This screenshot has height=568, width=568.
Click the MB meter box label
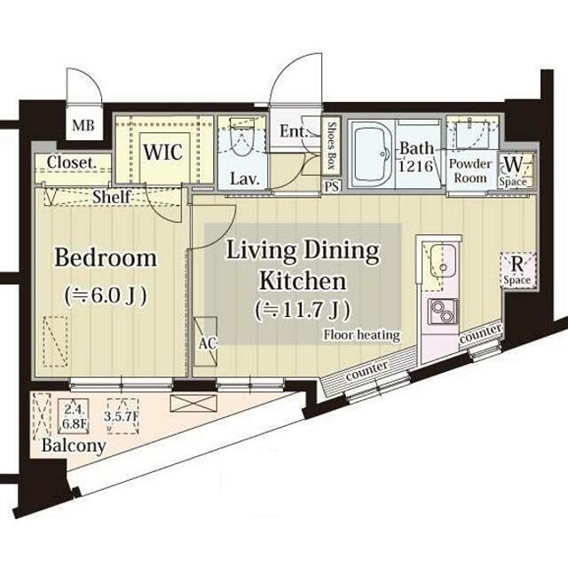(x=83, y=126)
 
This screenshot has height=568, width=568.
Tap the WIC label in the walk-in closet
(x=163, y=152)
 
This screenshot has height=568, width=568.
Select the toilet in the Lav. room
(x=241, y=138)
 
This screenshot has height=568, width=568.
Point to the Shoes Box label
(x=331, y=146)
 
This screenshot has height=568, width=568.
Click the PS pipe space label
(x=331, y=186)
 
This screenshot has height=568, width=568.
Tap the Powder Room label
(x=470, y=171)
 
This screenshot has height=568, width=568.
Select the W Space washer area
(x=517, y=170)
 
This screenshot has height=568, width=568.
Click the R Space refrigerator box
(x=517, y=270)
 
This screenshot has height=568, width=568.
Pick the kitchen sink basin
(x=442, y=261)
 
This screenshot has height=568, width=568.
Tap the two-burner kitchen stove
(x=442, y=312)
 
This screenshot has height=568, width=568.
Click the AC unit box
(x=205, y=342)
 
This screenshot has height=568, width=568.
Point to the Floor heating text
(x=362, y=335)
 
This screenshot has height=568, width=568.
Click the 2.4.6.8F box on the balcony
(x=74, y=416)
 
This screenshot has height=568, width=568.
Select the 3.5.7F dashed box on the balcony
(x=122, y=416)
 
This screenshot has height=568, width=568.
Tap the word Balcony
(x=74, y=446)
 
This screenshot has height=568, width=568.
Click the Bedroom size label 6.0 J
(x=106, y=296)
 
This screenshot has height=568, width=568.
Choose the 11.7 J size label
(x=303, y=311)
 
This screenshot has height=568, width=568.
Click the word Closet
(x=72, y=162)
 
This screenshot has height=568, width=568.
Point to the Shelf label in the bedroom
(x=112, y=197)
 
